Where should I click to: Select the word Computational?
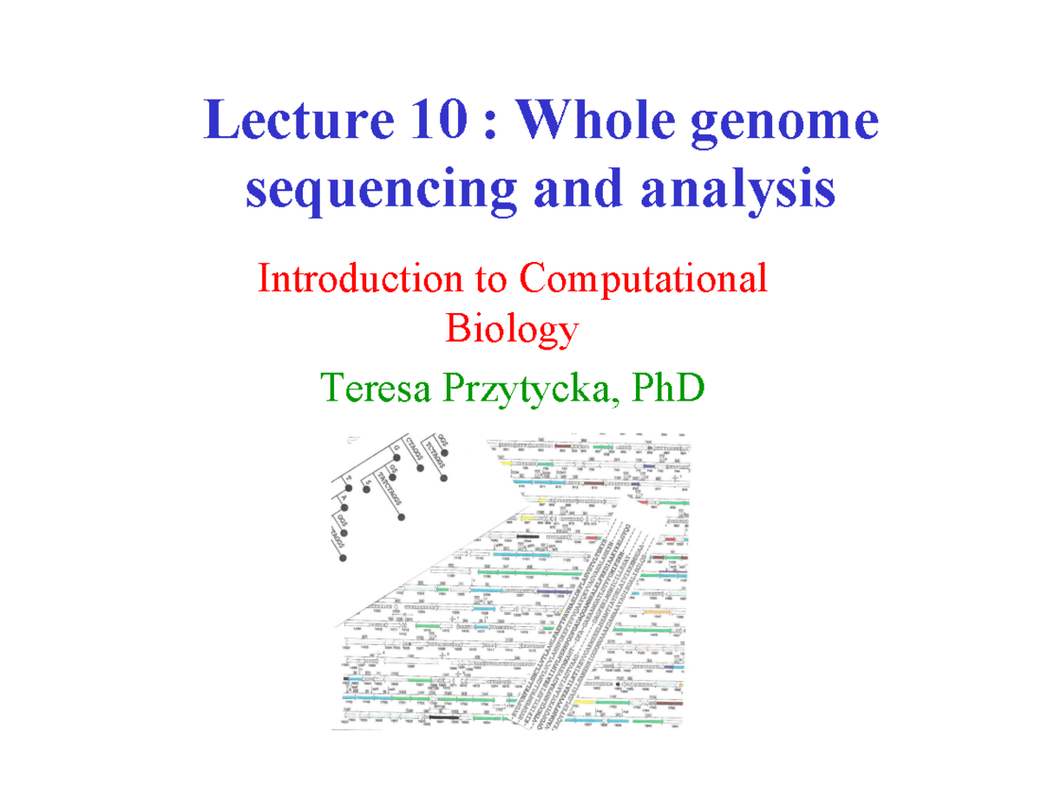pos(644,281)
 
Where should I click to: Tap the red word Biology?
pos(512,330)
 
